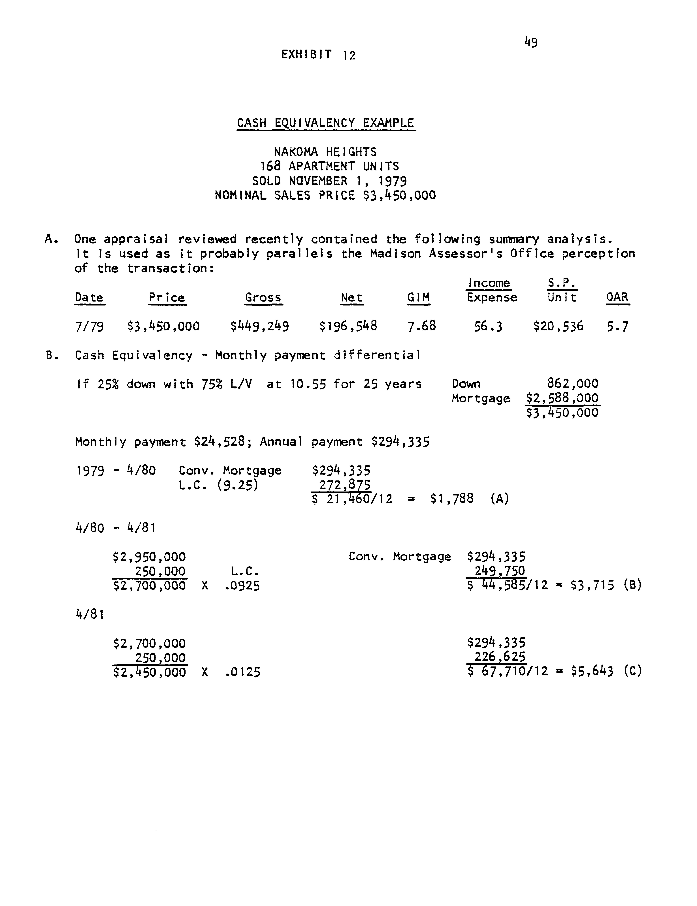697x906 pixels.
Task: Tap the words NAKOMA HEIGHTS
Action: (325, 152)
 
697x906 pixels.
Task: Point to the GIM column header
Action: (418, 297)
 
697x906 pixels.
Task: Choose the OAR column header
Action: (617, 297)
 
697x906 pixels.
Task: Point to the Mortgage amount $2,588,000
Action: (562, 398)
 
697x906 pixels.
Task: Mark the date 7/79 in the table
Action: (89, 327)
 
